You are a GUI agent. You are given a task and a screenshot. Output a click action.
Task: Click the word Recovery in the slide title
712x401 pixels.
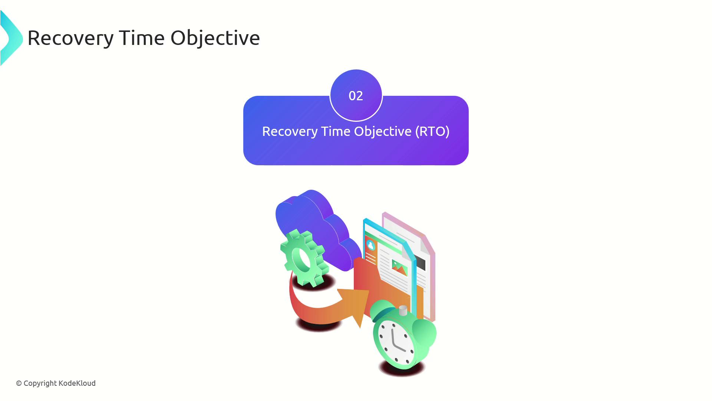point(70,38)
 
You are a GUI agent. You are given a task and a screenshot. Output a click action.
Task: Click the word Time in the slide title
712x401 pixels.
point(142,38)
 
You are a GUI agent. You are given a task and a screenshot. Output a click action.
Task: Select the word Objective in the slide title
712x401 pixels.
point(215,38)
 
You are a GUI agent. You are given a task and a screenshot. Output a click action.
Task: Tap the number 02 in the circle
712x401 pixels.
point(356,96)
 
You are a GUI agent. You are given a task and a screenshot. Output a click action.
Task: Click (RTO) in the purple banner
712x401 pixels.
point(432,131)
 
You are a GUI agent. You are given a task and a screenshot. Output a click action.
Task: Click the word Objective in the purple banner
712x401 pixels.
point(383,131)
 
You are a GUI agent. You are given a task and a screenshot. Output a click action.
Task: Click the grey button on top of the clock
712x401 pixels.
point(403,310)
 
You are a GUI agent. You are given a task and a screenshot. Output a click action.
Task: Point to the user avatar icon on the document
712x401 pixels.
point(370,245)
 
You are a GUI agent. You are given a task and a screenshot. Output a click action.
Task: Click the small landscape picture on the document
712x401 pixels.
point(400,267)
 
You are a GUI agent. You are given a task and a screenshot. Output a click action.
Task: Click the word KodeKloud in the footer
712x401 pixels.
point(77,383)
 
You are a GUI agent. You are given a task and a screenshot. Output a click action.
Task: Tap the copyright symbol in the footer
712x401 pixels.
point(19,384)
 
